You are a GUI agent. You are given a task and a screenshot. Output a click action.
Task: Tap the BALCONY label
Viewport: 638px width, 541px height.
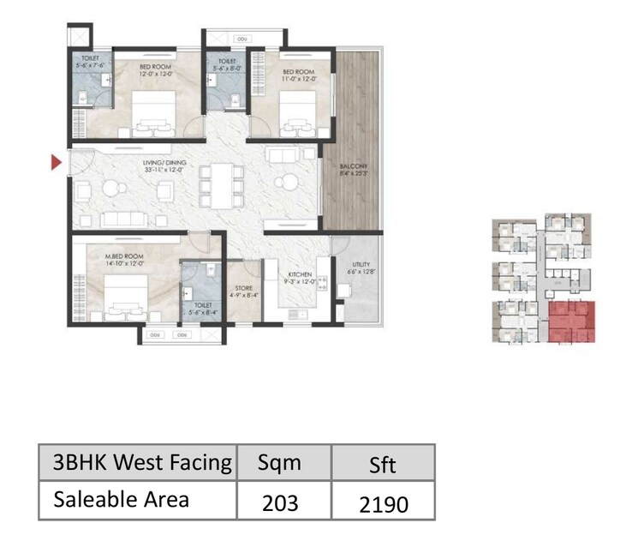tap(352, 169)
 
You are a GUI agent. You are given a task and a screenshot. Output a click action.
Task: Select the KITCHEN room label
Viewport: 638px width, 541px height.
tap(300, 276)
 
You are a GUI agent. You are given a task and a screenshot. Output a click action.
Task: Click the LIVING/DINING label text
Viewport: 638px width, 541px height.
tap(165, 164)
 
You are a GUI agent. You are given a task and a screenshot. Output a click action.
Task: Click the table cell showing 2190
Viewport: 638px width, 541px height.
tap(384, 501)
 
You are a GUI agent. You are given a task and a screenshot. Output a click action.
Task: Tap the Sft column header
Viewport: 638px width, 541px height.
tap(384, 463)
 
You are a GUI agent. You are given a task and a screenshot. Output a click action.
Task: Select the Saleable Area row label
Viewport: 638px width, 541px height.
tap(122, 500)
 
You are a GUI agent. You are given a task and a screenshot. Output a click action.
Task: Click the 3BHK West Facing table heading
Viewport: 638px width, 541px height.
tap(142, 463)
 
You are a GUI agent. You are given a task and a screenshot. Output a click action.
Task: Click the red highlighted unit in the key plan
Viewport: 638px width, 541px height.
tap(570, 322)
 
